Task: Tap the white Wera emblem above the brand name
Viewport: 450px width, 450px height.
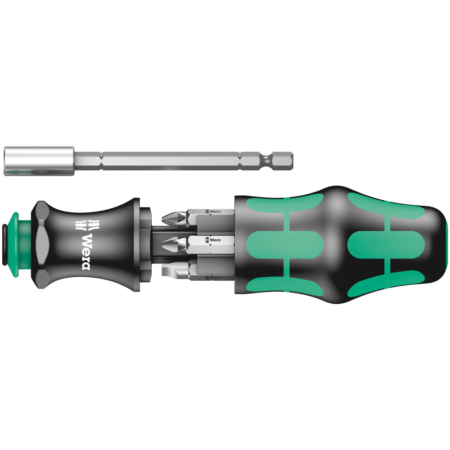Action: pos(82,224)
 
